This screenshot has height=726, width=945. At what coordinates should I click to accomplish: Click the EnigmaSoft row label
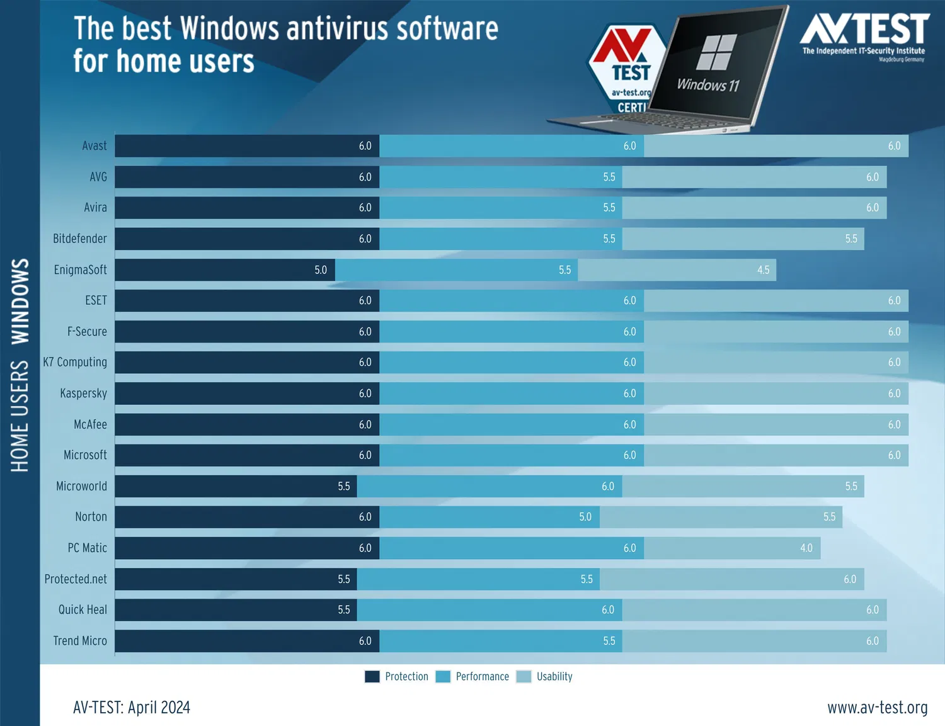coord(80,270)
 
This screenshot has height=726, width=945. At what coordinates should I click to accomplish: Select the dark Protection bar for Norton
coord(246,517)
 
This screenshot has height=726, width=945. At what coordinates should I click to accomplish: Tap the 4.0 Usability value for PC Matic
coord(806,548)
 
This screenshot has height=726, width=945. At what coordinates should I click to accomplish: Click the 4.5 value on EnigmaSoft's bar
coord(763,270)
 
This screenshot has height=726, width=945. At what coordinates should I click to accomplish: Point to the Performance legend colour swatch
coord(443,677)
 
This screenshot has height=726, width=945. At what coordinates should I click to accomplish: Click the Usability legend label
coord(554,677)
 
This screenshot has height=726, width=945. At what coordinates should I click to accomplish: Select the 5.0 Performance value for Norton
coord(585,517)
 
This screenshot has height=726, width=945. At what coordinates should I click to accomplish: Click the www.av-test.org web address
coord(877,708)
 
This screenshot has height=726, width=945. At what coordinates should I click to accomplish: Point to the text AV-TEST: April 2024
coord(132,708)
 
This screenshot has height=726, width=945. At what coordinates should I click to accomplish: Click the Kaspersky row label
coord(83,394)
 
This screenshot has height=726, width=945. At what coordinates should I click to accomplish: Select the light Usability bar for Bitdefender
coord(743,239)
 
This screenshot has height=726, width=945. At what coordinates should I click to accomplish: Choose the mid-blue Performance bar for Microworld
coord(490,486)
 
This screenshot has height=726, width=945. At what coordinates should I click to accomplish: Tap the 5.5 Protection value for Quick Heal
coord(343,610)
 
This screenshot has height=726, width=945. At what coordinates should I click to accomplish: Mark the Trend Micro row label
coord(80,641)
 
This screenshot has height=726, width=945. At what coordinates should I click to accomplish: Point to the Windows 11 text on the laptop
coord(707,85)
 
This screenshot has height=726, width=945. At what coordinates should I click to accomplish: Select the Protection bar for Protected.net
coord(236,579)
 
